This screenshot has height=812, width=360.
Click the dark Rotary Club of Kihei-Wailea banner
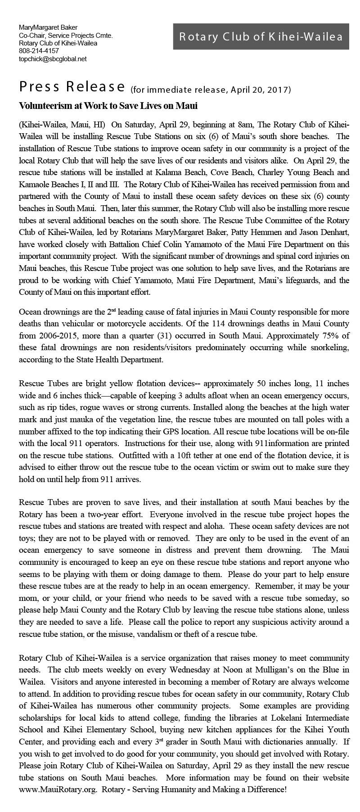click(261, 36)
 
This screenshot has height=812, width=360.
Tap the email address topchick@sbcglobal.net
click(53, 59)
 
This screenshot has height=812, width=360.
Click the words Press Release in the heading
click(72, 86)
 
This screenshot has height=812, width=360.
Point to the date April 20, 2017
click(261, 90)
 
